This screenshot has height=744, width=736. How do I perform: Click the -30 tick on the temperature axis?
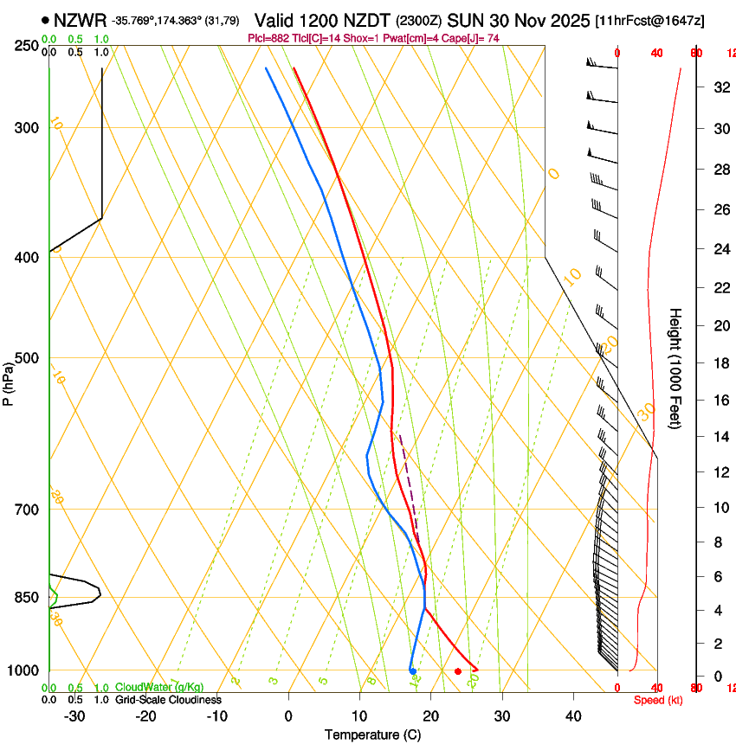(74, 715)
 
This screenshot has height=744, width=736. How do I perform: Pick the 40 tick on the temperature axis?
(573, 715)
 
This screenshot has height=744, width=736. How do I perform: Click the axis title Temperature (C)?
(372, 734)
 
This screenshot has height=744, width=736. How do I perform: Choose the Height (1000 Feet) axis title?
(676, 368)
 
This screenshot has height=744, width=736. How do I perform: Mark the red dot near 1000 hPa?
(458, 671)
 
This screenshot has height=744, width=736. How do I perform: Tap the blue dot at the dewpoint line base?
(413, 670)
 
